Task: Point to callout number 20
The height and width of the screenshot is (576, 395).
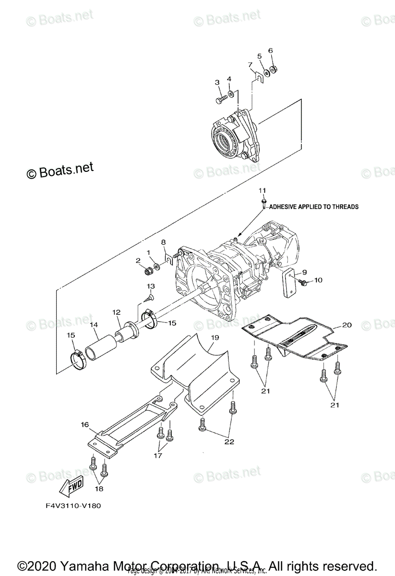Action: coord(347,325)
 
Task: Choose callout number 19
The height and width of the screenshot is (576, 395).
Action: coord(215,338)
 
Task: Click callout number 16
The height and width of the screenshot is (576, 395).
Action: coord(85,424)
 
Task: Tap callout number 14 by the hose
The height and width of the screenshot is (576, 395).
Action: coord(94,325)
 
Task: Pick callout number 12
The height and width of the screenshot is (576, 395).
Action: coord(116,312)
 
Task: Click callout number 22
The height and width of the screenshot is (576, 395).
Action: coord(229,442)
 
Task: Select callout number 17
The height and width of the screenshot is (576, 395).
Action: coord(158,456)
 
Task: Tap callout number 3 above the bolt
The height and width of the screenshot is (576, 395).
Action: coord(217,83)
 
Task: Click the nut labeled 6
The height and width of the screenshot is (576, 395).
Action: coord(272,70)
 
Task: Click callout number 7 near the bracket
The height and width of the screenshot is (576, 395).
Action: coord(250,64)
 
